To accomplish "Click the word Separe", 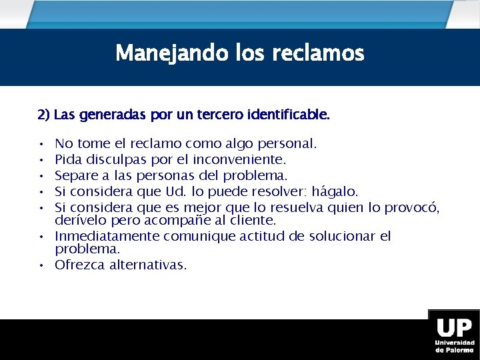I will [x=74, y=175].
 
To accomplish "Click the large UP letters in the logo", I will [x=454, y=328].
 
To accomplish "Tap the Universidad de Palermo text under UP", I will [x=454, y=346].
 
